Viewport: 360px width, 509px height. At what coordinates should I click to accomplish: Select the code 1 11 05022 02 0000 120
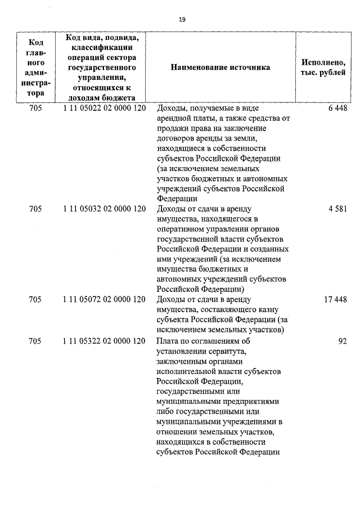click(105, 107)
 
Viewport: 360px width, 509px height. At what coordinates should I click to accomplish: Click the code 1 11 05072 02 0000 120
click(105, 300)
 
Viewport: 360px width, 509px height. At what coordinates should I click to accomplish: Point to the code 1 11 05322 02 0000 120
click(105, 341)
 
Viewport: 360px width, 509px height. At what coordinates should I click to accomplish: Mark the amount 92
click(342, 341)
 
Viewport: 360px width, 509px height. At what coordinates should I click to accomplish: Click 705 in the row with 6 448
click(35, 107)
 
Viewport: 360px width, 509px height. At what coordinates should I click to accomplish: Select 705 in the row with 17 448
click(35, 300)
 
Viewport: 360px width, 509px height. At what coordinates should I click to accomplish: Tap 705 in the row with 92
click(35, 341)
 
